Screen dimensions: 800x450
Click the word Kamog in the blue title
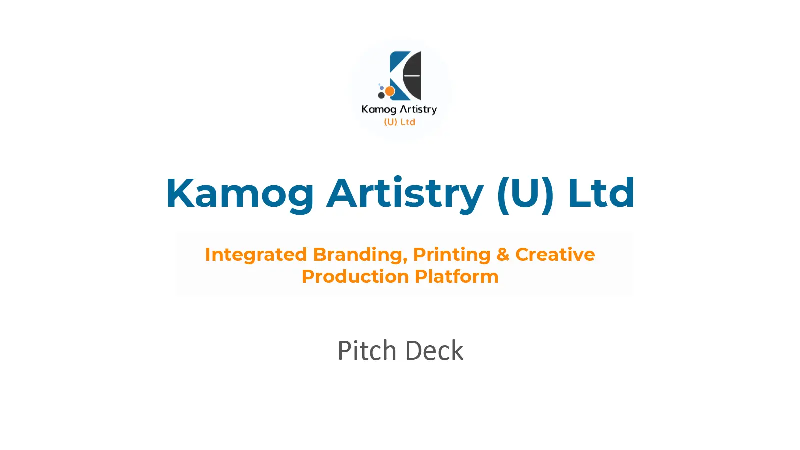pos(240,194)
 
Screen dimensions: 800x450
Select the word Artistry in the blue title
pos(405,194)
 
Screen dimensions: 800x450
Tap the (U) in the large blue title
pos(525,194)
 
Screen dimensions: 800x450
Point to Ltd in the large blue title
pos(601,193)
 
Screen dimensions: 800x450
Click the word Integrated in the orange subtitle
pos(256,255)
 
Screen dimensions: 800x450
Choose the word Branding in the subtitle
pos(360,255)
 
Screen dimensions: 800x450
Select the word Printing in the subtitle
pos(452,255)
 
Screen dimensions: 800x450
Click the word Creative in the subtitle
pos(555,254)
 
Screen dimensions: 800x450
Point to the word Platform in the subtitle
pos(457,277)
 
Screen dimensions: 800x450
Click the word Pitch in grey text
pos(367,350)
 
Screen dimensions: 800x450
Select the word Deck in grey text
pos(434,350)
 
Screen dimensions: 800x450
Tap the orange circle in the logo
pos(390,91)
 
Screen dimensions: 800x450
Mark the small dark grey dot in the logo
pos(381,95)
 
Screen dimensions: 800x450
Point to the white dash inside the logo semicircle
pos(412,75)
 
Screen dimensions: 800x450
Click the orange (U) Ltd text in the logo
pos(399,122)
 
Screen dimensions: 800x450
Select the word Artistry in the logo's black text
pos(418,109)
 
